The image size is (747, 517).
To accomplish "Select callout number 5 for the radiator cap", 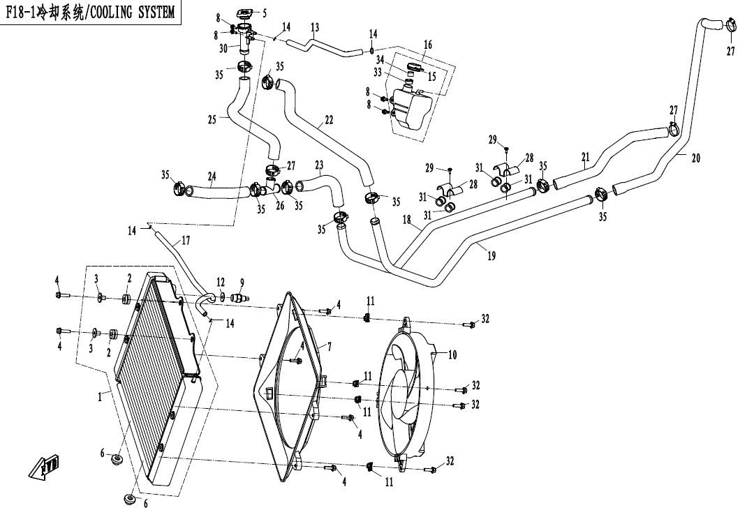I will [263, 13].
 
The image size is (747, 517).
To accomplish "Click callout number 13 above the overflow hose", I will [315, 28].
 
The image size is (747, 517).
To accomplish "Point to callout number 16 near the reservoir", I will [428, 45].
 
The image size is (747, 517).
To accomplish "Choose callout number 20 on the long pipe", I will [695, 158].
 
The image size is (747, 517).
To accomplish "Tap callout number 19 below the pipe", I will [491, 256].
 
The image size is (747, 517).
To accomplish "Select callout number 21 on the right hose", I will [585, 156].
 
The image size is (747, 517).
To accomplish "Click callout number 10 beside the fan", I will [452, 354].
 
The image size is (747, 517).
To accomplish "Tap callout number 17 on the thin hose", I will [185, 241].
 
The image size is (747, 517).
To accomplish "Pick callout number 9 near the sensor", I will [242, 283].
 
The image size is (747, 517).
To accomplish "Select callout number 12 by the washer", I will [221, 282].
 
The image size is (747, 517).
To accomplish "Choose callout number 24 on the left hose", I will [212, 176].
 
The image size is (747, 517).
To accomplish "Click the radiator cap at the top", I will [245, 14].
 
